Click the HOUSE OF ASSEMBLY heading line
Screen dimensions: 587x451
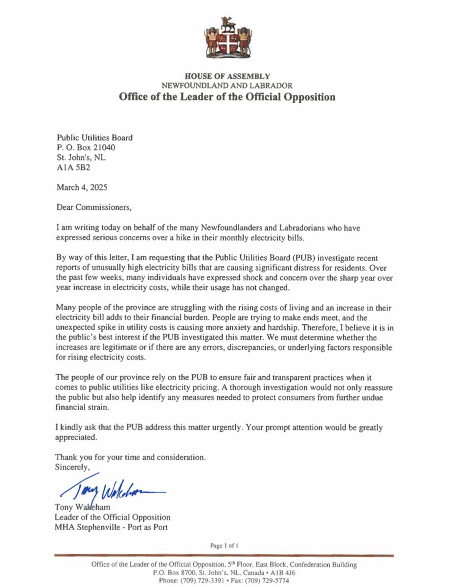click(227, 77)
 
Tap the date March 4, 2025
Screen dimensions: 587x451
click(80, 187)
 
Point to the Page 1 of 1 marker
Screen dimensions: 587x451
click(225, 545)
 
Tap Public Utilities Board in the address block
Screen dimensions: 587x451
click(94, 138)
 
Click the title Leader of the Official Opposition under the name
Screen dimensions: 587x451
click(113, 517)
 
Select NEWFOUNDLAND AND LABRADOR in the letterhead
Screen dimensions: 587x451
click(227, 86)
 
